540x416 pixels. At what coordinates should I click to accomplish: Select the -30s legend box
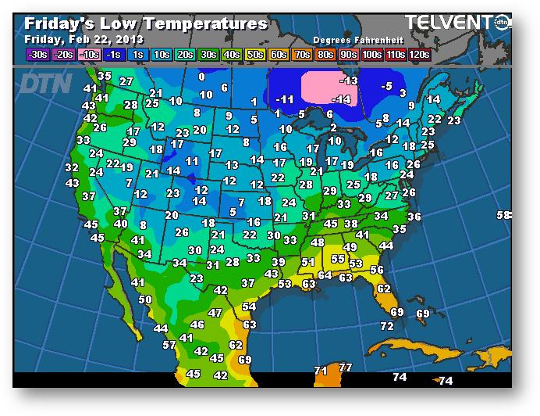[37, 54]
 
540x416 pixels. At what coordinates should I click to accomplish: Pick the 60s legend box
[279, 54]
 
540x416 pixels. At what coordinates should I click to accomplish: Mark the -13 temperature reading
[348, 81]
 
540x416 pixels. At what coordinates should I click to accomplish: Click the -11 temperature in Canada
[285, 99]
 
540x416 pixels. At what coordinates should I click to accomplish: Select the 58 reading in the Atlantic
[503, 215]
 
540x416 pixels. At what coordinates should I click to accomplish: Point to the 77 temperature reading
[345, 368]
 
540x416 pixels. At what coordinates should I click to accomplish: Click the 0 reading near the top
[201, 77]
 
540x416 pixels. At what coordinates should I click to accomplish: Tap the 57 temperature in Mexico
[169, 345]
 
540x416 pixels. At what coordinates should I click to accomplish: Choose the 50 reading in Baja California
[145, 299]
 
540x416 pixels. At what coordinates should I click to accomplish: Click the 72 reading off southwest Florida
[387, 326]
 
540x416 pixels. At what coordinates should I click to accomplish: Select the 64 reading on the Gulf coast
[325, 275]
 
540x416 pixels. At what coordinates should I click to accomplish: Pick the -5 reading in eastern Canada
[386, 86]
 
